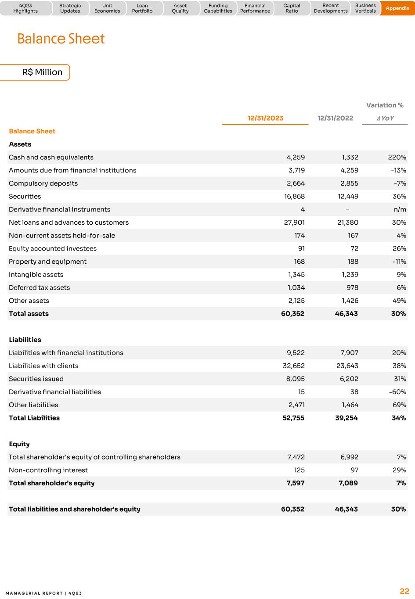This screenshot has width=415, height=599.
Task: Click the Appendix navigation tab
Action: pyautogui.click(x=397, y=8)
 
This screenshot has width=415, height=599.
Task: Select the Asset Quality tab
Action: pyautogui.click(x=180, y=8)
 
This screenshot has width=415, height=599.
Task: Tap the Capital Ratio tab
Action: pyautogui.click(x=292, y=8)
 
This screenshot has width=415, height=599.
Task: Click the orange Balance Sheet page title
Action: pyautogui.click(x=61, y=39)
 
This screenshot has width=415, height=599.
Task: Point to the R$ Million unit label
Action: pyautogui.click(x=42, y=72)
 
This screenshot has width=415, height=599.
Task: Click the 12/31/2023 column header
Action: pyautogui.click(x=265, y=118)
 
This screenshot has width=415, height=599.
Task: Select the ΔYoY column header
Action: pyautogui.click(x=385, y=118)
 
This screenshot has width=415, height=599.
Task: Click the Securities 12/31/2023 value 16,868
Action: pyautogui.click(x=294, y=197)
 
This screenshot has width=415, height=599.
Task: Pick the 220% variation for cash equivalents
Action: pyautogui.click(x=397, y=157)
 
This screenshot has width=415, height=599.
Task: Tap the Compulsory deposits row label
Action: pyautogui.click(x=43, y=183)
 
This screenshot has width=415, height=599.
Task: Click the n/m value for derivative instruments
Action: pyautogui.click(x=400, y=209)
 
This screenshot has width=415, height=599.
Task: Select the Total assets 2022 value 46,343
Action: pyautogui.click(x=346, y=314)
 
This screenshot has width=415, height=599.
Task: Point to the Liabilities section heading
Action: pyautogui.click(x=25, y=340)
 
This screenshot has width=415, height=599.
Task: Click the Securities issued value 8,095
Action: pyautogui.click(x=295, y=379)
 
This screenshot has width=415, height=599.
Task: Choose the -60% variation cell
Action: pyautogui.click(x=397, y=392)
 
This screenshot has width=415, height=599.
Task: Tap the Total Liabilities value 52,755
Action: pyautogui.click(x=293, y=418)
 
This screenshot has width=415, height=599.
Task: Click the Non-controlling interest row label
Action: pyautogui.click(x=48, y=470)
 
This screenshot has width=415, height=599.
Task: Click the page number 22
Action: pyautogui.click(x=404, y=591)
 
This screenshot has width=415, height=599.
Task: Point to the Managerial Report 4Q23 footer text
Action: pyautogui.click(x=44, y=593)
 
